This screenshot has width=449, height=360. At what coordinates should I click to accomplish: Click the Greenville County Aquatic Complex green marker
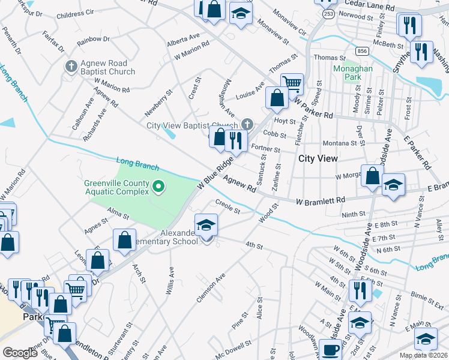click(158, 187)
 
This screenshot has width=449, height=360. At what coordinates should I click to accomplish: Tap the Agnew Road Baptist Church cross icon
click(71, 65)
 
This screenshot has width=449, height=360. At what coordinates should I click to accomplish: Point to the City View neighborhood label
click(318, 158)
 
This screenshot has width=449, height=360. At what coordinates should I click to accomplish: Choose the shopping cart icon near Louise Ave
click(292, 83)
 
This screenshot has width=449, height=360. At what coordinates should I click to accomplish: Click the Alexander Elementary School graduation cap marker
click(206, 225)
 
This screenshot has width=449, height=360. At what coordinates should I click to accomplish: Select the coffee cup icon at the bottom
click(330, 349)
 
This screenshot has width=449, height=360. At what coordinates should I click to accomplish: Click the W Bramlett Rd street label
click(321, 200)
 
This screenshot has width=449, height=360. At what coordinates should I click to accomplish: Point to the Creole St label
click(228, 207)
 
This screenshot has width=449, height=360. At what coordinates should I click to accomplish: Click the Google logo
click(20, 353)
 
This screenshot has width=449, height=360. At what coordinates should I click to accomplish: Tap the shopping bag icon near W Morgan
click(372, 176)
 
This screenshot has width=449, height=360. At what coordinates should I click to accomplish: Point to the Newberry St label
click(158, 103)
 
